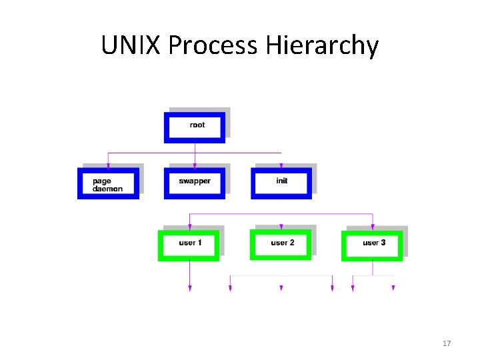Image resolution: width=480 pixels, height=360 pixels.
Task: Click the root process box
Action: coord(195,127)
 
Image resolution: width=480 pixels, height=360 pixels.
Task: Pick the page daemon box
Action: coord(108,183)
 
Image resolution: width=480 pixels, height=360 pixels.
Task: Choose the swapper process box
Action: coord(195,183)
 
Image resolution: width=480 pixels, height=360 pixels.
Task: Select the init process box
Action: coord(281,183)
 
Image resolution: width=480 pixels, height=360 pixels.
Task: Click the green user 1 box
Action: coord(189,245)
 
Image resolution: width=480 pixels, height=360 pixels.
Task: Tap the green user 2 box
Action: coord(281,244)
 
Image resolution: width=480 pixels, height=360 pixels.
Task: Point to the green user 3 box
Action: coord(373,245)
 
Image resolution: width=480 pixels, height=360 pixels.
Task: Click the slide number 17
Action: coord(447,343)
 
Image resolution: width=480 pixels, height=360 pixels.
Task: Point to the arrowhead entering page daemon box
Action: coord(108,163)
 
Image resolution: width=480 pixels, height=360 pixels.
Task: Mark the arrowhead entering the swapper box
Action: coord(195,163)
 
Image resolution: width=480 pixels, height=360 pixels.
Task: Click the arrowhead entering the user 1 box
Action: coord(189,226)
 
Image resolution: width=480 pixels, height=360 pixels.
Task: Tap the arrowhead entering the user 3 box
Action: coord(373,226)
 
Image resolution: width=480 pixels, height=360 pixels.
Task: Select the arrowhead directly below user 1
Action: coord(189,288)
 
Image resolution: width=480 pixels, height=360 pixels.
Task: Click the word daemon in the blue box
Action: coord(107,189)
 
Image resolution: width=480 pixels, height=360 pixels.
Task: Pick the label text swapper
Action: coord(195,181)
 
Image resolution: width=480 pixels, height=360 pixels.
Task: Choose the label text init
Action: coord(281,181)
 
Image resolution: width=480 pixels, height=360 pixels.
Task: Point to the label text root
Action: coord(197,125)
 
